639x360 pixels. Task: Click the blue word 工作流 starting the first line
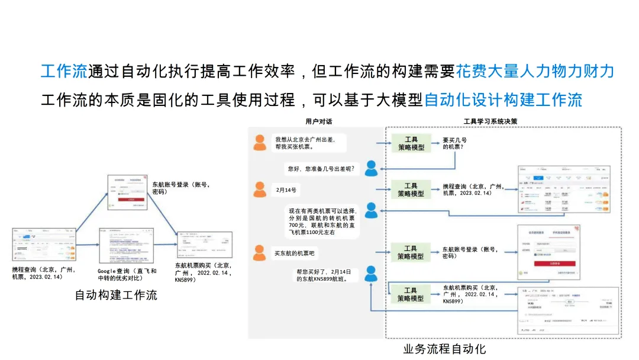point(63,72)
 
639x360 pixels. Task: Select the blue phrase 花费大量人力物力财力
point(535,72)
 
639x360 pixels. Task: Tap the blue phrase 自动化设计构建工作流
point(503,99)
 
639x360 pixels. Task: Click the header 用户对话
point(318,121)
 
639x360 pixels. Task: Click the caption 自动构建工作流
point(116,294)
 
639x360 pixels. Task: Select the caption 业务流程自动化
point(444,348)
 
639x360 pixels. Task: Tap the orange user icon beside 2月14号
point(259,189)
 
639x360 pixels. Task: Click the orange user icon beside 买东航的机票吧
point(259,253)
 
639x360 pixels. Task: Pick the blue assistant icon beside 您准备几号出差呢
point(371,169)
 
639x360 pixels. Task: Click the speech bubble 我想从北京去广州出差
point(308,143)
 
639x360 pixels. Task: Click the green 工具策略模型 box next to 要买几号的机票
point(411,143)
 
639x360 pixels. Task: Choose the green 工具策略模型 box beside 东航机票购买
point(411,294)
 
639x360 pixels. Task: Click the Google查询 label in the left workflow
point(127,274)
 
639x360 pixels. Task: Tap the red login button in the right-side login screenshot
point(546,263)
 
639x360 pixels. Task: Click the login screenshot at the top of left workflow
point(127,192)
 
